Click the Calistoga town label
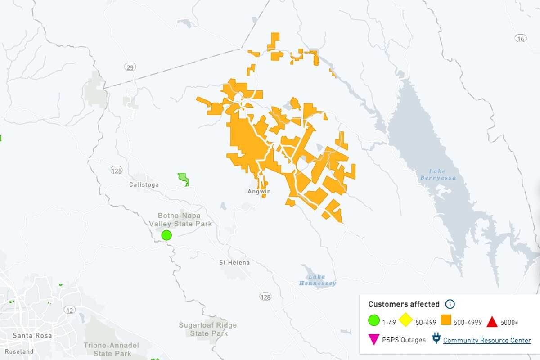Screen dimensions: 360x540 coord(144,184)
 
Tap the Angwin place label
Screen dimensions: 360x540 coord(259,191)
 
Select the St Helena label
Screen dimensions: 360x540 coord(234,262)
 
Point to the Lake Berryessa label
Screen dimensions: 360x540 coord(438,175)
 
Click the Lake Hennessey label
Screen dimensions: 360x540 coord(317,280)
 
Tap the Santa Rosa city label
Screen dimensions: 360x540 coord(32,335)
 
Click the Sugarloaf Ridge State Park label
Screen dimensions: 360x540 coord(207,329)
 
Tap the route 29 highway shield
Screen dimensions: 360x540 coord(130,67)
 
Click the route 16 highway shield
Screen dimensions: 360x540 coord(521,39)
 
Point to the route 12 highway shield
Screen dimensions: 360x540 coord(69,310)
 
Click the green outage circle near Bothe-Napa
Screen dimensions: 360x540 coord(166,235)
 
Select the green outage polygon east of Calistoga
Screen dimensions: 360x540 coord(183,179)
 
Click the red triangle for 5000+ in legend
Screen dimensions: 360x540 coord(492,322)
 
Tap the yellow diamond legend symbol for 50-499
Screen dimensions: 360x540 coord(407,322)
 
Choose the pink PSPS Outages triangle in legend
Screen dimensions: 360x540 coord(373,340)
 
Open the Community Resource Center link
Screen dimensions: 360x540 coord(487,340)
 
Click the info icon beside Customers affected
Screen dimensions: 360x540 coord(450,304)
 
